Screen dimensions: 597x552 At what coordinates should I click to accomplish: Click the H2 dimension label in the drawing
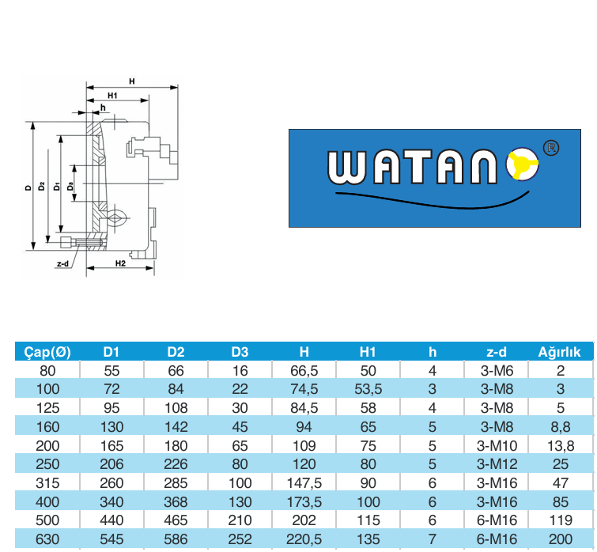120,263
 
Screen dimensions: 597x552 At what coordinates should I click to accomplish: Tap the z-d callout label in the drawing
62,264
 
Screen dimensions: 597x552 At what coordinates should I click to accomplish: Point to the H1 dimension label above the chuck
112,96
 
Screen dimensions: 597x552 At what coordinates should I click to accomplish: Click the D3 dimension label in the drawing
70,186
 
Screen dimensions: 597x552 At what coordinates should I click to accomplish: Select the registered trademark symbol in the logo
551,147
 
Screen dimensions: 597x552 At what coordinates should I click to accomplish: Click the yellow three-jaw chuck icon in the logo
522,164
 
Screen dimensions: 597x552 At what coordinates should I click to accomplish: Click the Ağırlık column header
559,352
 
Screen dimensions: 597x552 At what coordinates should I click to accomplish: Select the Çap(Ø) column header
47,352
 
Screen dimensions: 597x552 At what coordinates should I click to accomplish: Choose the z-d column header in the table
497,352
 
